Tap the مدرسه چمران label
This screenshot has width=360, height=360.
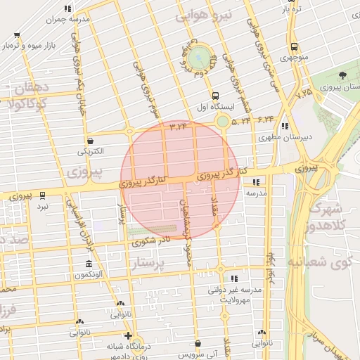click(x=70, y=20)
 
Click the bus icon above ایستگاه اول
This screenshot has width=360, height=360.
click(x=214, y=96)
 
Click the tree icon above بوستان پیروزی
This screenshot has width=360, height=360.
click(x=342, y=75)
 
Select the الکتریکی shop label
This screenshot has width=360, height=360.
click(x=90, y=151)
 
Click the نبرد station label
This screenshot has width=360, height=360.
click(x=43, y=207)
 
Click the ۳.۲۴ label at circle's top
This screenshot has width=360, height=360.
click(x=179, y=127)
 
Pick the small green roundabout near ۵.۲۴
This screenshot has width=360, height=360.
click(x=223, y=122)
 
